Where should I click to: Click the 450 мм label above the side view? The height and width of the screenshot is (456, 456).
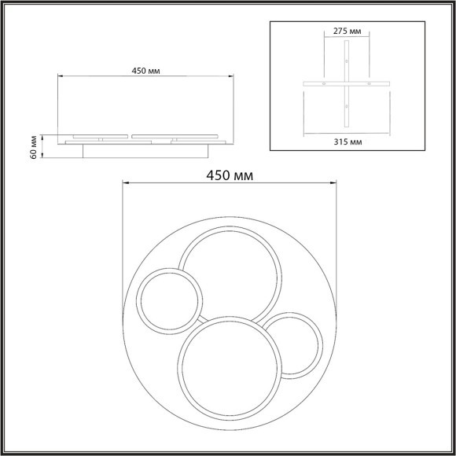tap(147, 70)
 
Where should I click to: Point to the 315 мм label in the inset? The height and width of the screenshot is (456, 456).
tap(346, 141)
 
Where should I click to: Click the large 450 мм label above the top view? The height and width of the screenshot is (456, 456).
tap(229, 175)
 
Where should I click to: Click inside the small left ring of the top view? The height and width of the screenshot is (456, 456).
tap(170, 301)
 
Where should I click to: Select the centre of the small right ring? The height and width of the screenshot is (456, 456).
tap(292, 344)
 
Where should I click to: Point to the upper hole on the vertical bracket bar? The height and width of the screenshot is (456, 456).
tap(346, 61)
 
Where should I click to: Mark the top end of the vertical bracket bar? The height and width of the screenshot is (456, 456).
tap(346, 42)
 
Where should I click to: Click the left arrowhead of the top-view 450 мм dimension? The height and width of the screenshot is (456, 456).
tap(122, 183)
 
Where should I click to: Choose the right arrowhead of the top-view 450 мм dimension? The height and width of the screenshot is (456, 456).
tap(336, 183)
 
